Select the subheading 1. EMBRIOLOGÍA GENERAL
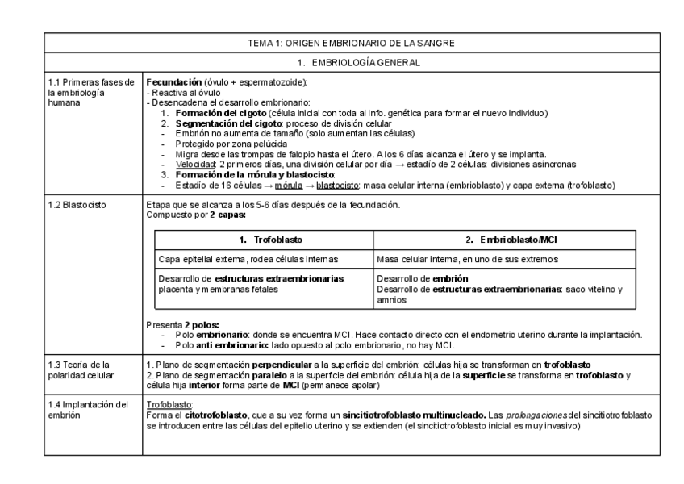(342, 61)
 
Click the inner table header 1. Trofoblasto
(264, 240)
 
